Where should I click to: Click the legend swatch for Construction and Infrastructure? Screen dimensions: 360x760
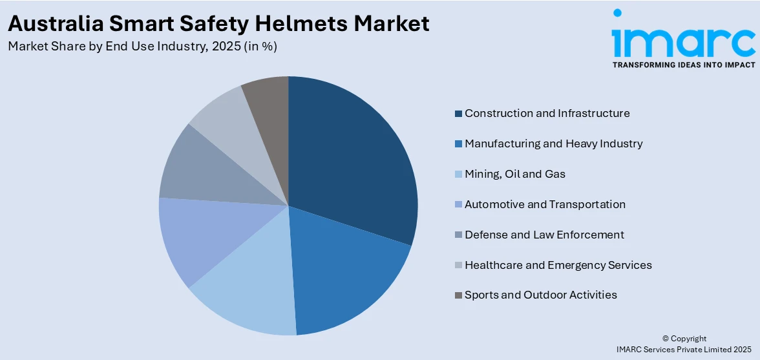pyautogui.click(x=458, y=114)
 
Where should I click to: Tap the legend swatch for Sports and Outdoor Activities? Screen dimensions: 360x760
pyautogui.click(x=458, y=295)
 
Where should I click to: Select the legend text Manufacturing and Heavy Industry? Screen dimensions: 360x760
pyautogui.click(x=553, y=143)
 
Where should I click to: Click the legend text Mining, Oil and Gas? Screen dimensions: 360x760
pyautogui.click(x=515, y=174)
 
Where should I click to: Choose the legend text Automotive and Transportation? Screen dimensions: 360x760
pyautogui.click(x=545, y=204)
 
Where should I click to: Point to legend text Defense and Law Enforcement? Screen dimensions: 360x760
pyautogui.click(x=544, y=235)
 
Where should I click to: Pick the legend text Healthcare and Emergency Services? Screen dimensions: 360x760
pyautogui.click(x=558, y=265)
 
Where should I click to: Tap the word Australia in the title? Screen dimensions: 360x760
pyautogui.click(x=54, y=24)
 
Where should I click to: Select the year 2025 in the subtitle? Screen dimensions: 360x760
pyautogui.click(x=215, y=47)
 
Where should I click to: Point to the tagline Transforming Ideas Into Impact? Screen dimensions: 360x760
pyautogui.click(x=683, y=65)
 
